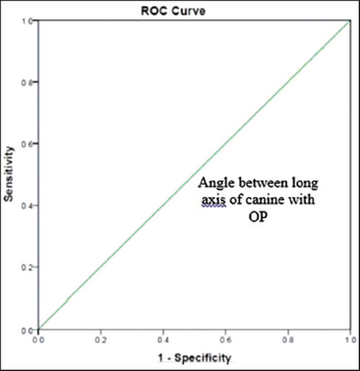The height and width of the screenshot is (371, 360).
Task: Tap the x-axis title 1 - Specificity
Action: tap(193, 358)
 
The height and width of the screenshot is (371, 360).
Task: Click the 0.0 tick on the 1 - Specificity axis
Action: tap(38, 339)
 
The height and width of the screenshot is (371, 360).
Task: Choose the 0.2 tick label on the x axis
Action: tap(101, 339)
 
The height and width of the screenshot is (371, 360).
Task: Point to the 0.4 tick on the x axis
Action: tap(163, 339)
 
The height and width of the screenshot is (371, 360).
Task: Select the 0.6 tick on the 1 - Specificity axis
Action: tap(226, 339)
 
